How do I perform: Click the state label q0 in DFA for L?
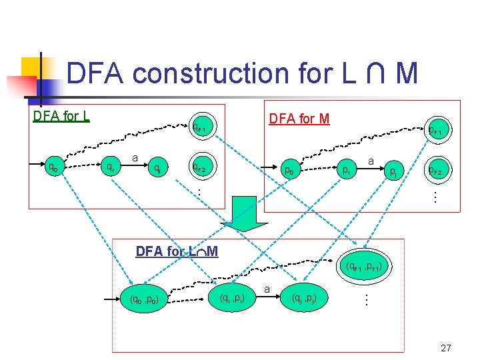pyautogui.click(x=50, y=168)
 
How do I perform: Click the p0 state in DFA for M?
pyautogui.click(x=290, y=169)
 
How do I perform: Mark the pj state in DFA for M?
pyautogui.click(x=395, y=173)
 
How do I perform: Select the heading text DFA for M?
pyautogui.click(x=299, y=119)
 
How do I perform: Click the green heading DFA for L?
pyautogui.click(x=61, y=117)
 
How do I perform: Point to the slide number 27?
pyautogui.click(x=446, y=348)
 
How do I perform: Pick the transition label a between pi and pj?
pyautogui.click(x=371, y=161)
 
